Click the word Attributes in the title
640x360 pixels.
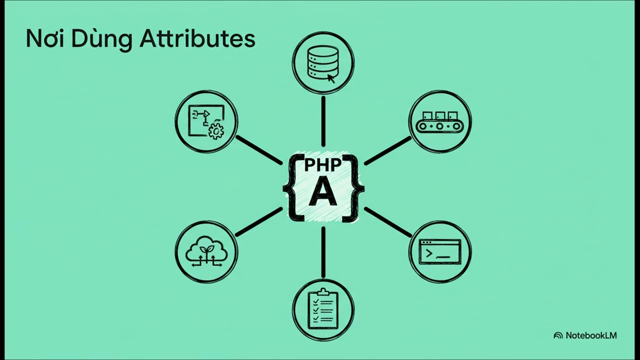197,39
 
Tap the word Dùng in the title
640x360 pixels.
101,39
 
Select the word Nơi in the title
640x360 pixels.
45,39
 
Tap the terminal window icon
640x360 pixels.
439,252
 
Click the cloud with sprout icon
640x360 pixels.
206,251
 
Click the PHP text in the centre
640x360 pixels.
323,165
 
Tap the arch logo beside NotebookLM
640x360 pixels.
558,335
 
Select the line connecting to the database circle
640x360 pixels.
323,121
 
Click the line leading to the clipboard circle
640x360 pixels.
323,252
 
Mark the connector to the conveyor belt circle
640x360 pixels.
387,151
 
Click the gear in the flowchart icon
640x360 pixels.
216,131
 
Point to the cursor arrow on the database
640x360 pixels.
331,78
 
